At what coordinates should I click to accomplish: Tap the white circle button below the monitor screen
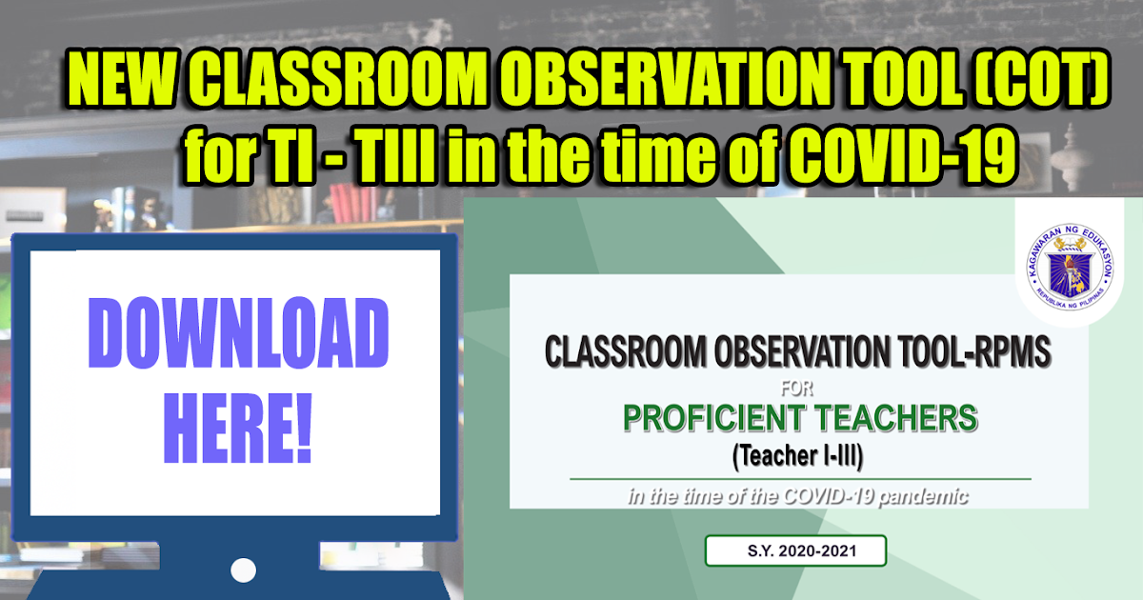(x=244, y=570)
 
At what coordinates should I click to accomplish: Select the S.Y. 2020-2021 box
(x=796, y=550)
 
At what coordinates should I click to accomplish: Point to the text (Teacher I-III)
(x=798, y=458)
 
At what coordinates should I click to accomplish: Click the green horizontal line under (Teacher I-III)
(x=800, y=478)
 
